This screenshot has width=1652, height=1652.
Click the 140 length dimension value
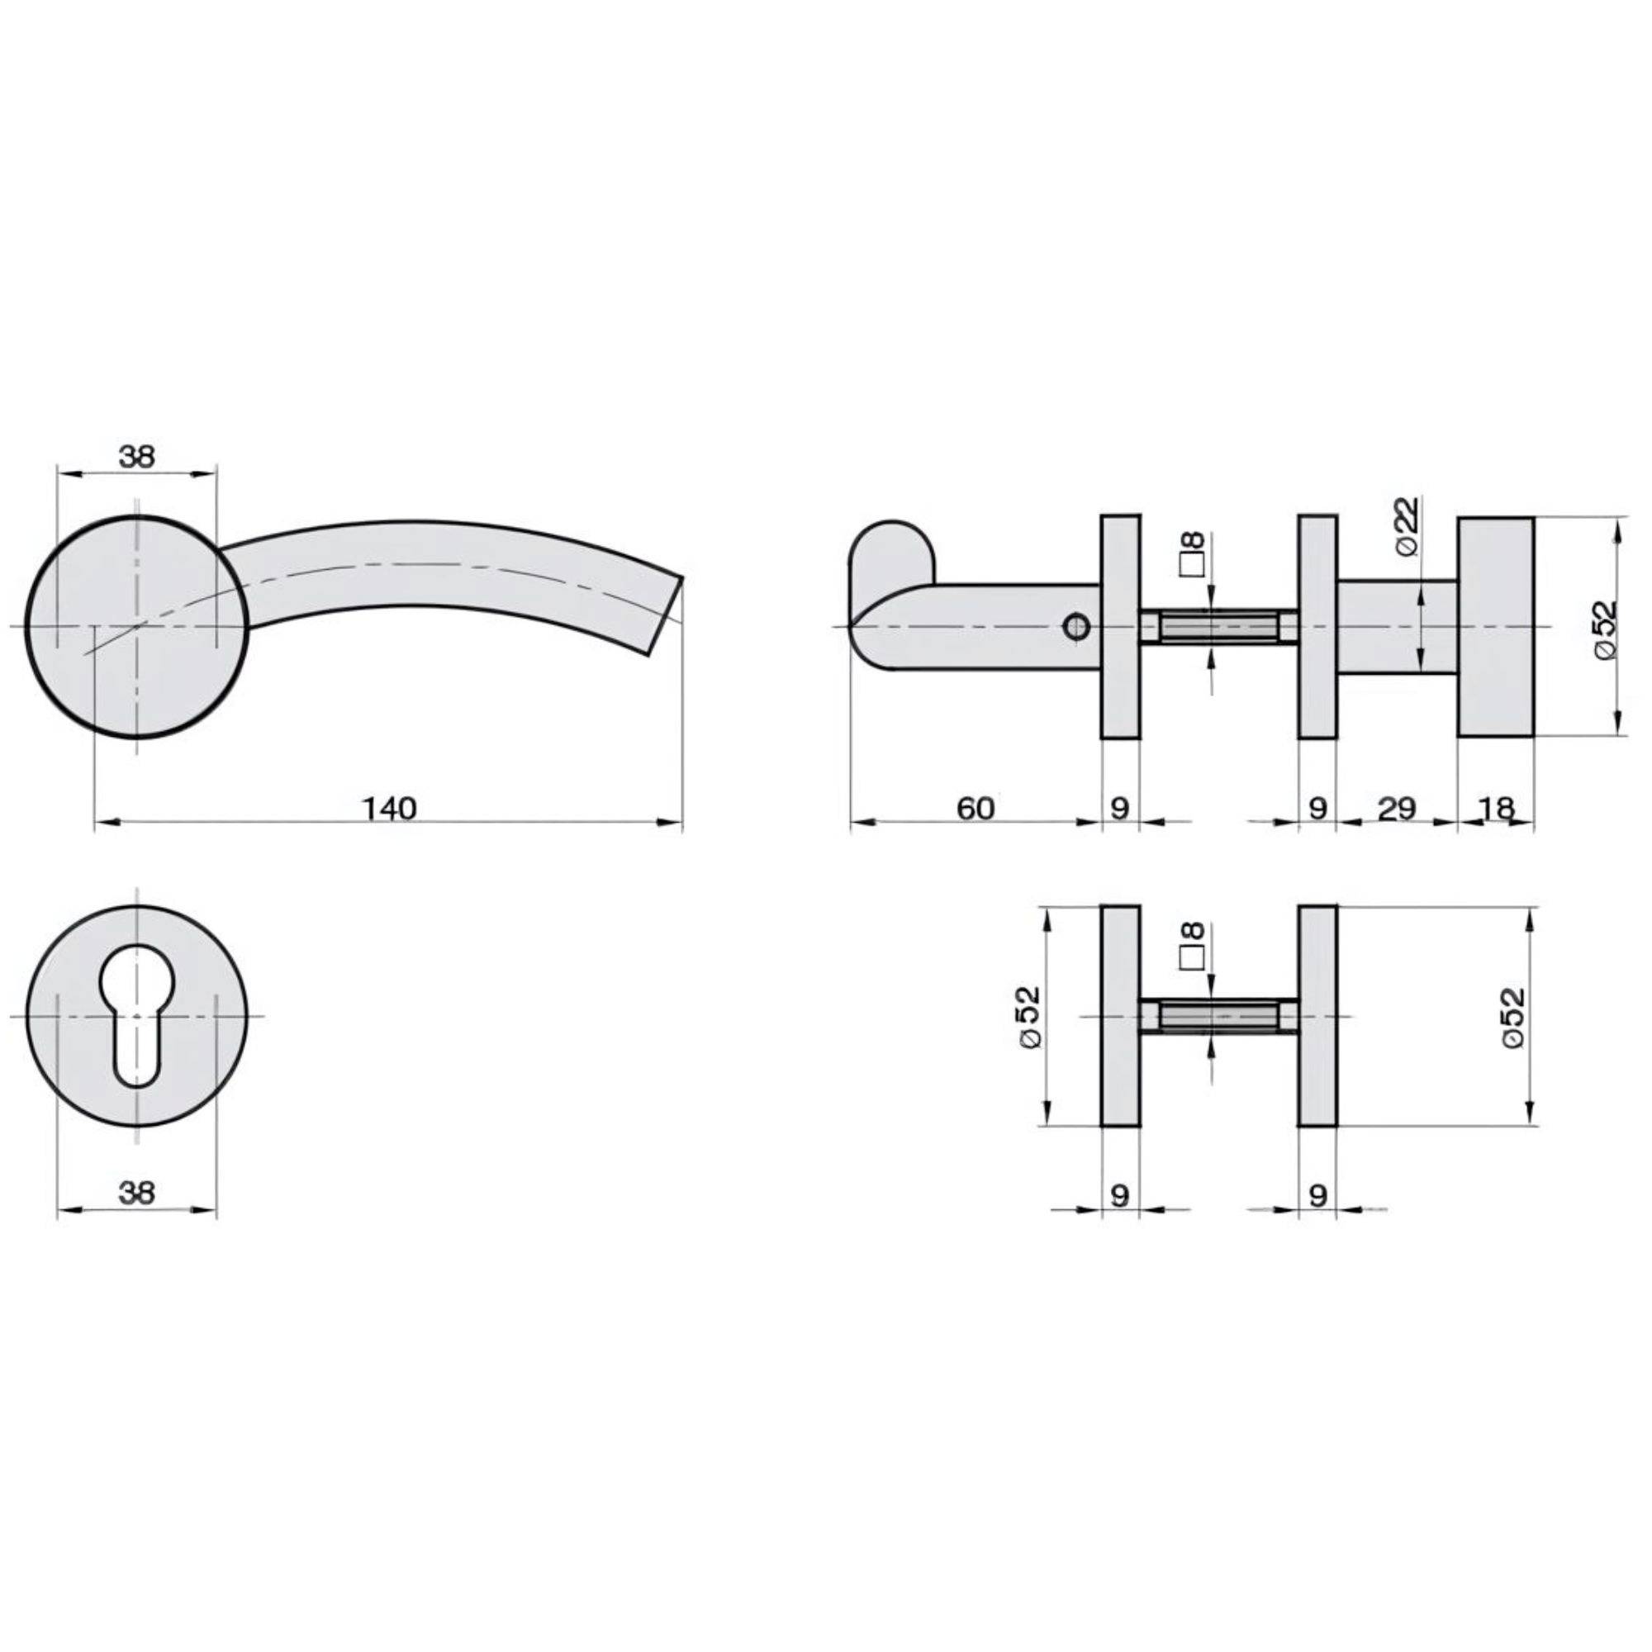click(x=389, y=807)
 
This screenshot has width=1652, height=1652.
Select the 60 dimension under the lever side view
click(x=975, y=807)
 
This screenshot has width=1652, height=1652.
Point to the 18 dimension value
click(x=1496, y=807)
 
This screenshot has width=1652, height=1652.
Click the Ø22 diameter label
click(x=1407, y=527)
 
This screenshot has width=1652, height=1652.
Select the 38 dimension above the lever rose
click(x=137, y=457)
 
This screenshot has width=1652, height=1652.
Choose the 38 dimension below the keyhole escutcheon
click(x=137, y=1192)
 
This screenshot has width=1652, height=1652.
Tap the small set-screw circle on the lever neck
click(x=1076, y=628)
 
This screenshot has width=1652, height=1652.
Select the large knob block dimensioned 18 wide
click(x=1496, y=626)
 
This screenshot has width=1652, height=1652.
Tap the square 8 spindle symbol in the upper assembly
click(x=1192, y=554)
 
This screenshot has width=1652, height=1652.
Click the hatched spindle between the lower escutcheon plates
click(x=1219, y=1016)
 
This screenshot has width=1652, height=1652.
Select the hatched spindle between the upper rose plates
click(x=1219, y=627)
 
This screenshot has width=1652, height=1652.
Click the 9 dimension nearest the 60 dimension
click(x=1120, y=807)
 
